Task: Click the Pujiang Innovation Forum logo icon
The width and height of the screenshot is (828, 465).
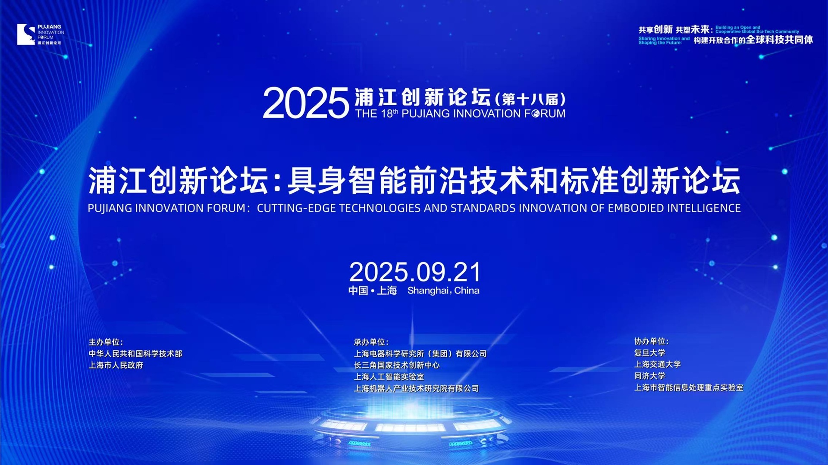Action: (26, 34)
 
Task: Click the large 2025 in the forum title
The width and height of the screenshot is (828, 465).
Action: (306, 103)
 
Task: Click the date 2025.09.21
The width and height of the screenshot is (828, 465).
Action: (415, 272)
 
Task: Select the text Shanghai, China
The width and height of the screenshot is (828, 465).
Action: (443, 290)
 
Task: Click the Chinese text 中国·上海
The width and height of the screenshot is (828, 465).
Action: (373, 290)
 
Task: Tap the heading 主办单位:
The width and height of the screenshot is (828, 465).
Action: (106, 342)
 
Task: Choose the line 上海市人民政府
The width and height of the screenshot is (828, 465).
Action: (116, 365)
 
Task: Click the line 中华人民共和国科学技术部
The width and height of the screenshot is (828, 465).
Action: (135, 354)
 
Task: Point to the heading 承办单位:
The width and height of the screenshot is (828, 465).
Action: (371, 342)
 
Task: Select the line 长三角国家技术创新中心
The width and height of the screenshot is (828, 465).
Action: (397, 365)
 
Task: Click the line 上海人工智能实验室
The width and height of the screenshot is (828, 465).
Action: (389, 377)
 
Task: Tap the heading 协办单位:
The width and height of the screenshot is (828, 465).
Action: (651, 341)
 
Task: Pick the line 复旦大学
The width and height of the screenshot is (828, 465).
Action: (649, 353)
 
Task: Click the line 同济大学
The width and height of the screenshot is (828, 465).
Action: (649, 376)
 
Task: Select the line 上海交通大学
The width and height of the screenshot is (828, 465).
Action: (657, 365)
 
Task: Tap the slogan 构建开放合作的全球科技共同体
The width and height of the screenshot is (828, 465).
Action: (753, 40)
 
